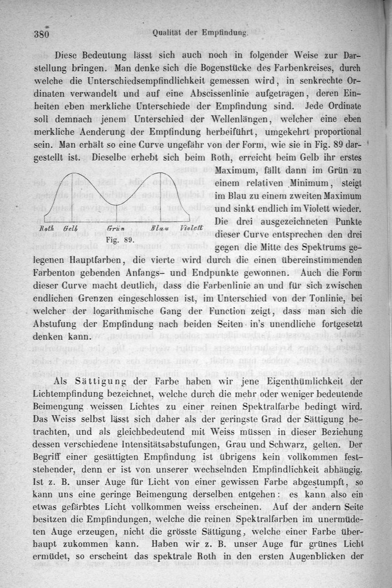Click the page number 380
[44, 34]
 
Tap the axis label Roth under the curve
[47, 229]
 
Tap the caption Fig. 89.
[120, 240]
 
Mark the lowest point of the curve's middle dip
[117, 203]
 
